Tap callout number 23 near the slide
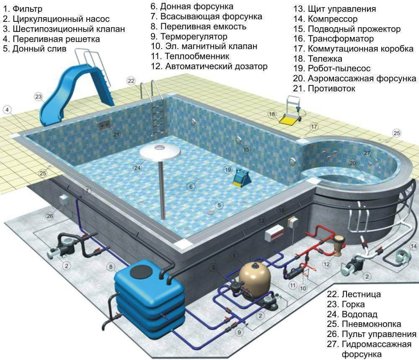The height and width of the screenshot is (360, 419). [x=39, y=96]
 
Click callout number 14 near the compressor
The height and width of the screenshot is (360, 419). [x=414, y=246]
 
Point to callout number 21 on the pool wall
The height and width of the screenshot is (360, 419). [x=116, y=134]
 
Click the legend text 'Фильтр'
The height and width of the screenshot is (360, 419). [x=27, y=9]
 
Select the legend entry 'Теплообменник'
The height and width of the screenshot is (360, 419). [x=197, y=57]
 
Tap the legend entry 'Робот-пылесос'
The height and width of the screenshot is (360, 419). [x=339, y=68]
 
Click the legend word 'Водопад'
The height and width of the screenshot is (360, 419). [x=360, y=314]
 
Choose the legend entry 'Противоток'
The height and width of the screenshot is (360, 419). [x=331, y=88]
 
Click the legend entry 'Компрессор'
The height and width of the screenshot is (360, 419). [x=333, y=19]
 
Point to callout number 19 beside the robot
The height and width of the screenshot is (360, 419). [x=228, y=170]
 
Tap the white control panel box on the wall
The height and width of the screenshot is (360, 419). [x=274, y=233]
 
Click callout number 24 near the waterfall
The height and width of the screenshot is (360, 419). [x=137, y=168]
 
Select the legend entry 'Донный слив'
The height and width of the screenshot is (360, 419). [x=39, y=49]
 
